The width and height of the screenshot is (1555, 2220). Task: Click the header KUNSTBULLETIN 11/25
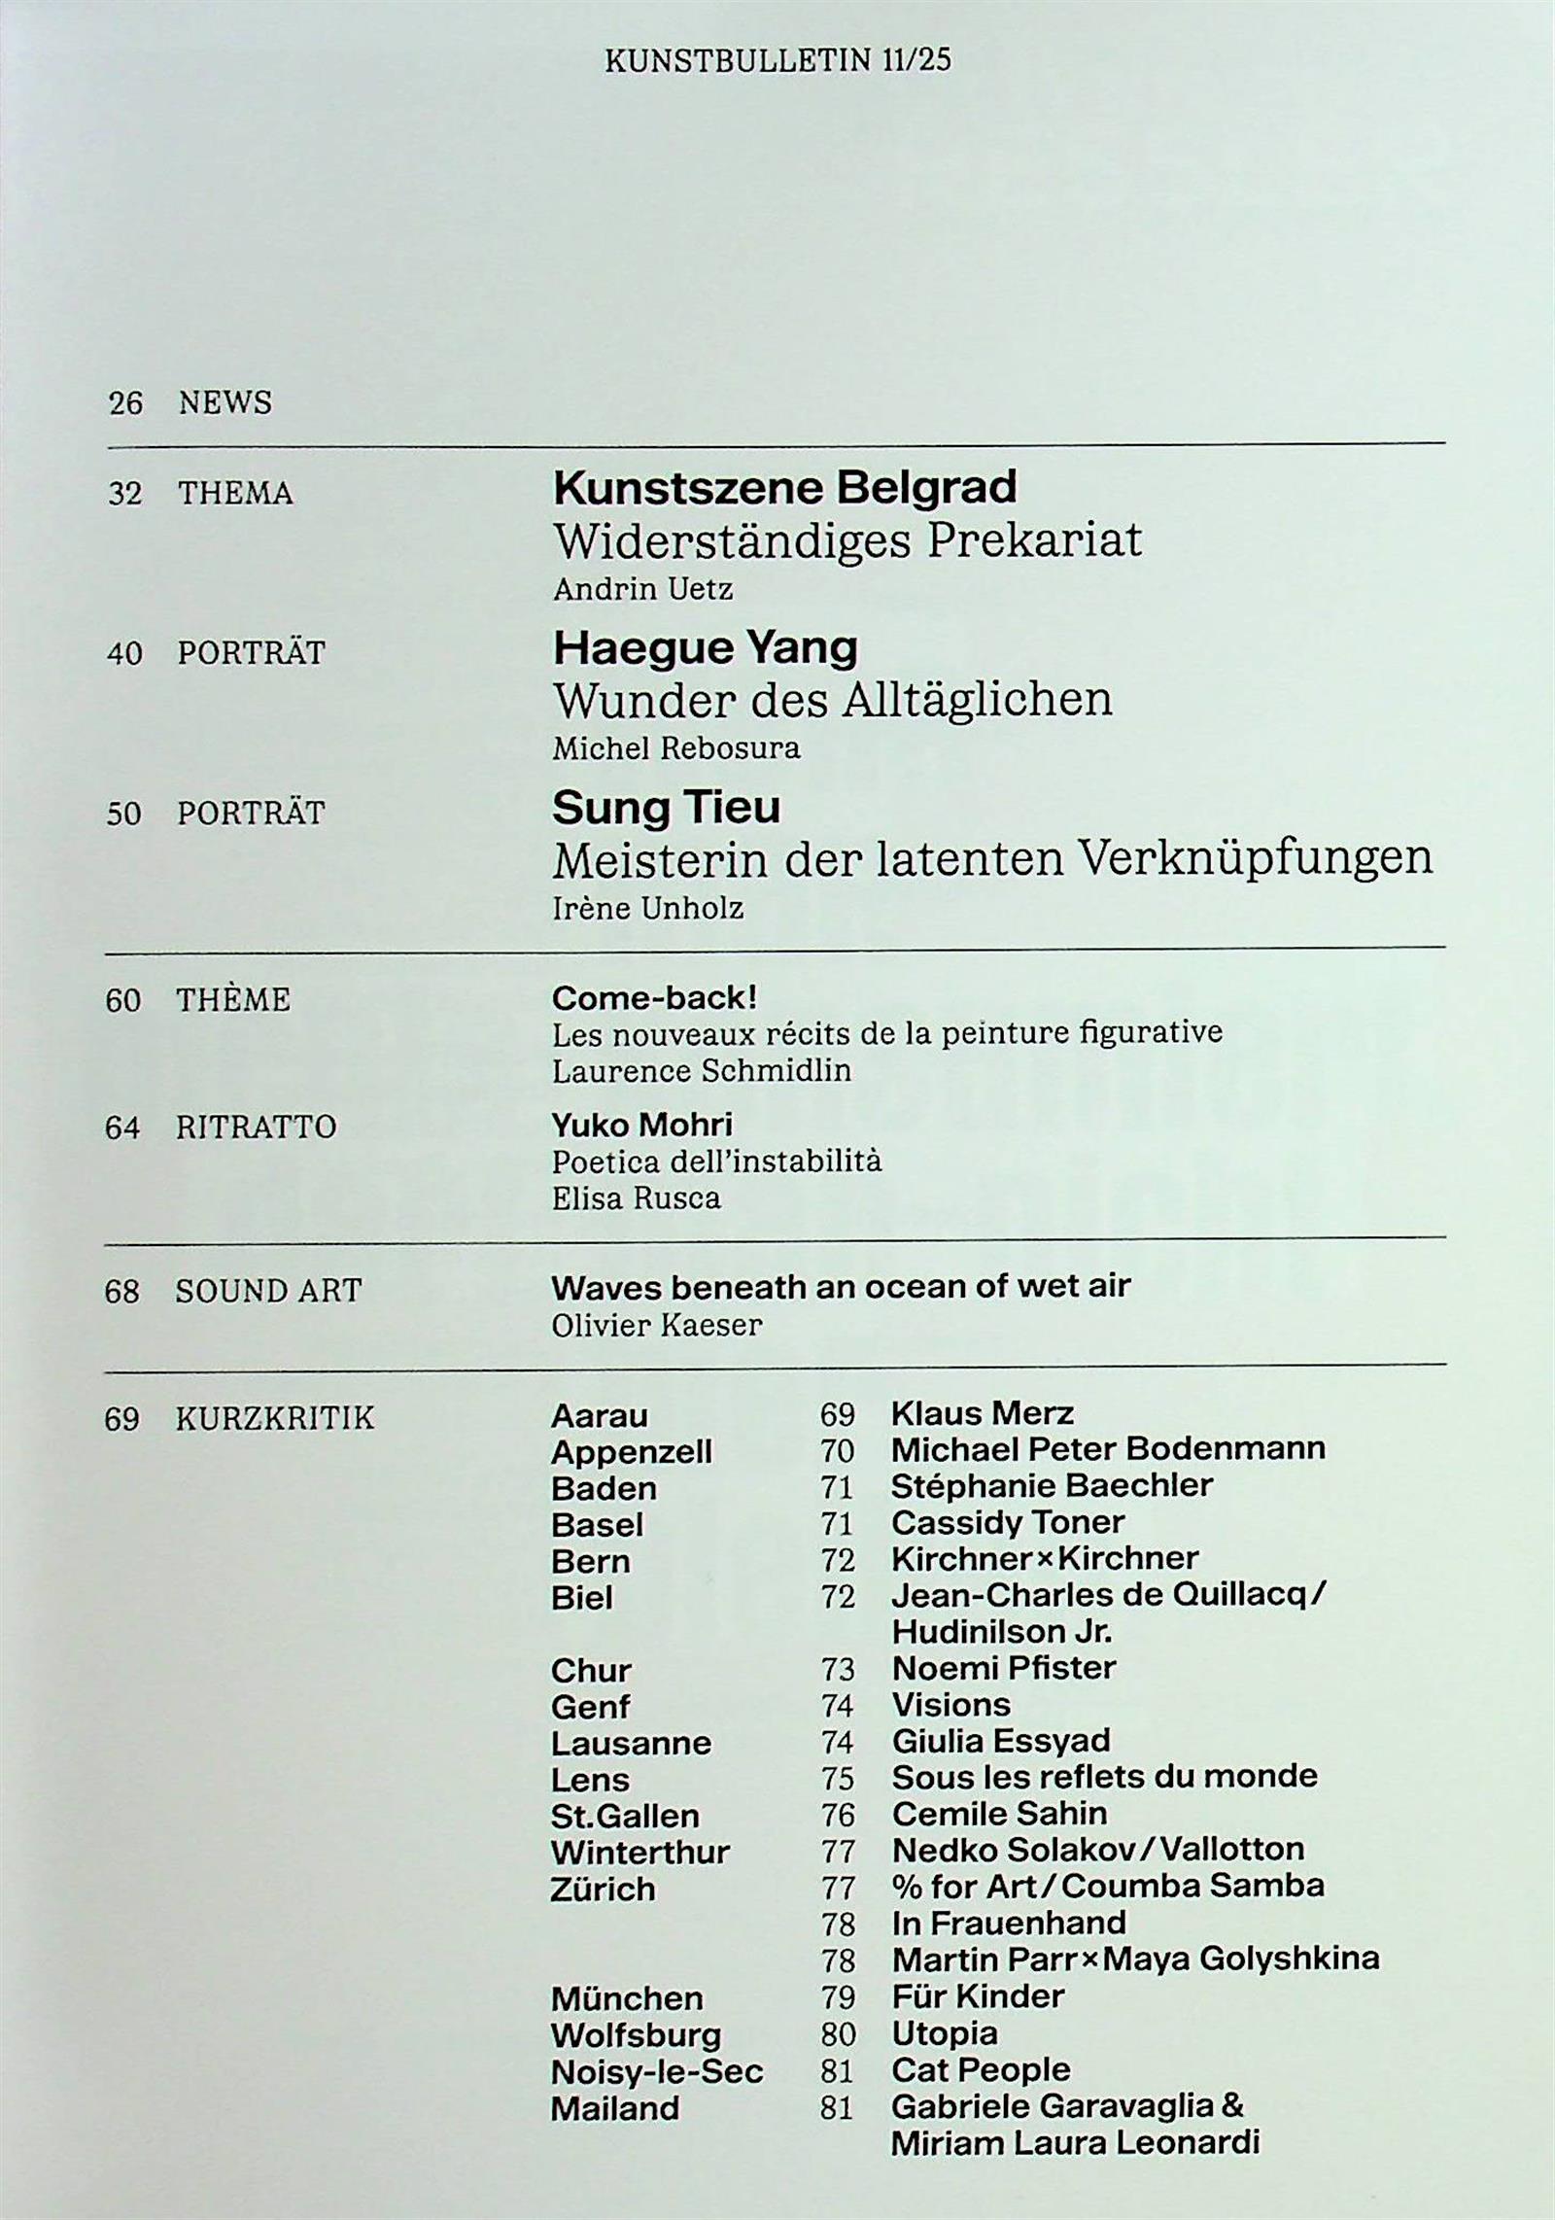click(777, 61)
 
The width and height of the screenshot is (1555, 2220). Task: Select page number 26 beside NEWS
click(125, 402)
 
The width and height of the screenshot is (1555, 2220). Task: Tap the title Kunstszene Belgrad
click(784, 487)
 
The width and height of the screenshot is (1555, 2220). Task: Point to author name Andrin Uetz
click(642, 589)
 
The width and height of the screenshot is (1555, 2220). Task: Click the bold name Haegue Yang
click(705, 647)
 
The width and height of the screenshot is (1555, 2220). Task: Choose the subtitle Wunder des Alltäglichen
click(832, 699)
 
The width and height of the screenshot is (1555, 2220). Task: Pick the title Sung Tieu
click(666, 808)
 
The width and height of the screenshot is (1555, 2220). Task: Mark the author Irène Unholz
click(647, 908)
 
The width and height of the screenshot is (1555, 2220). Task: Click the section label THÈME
click(233, 1000)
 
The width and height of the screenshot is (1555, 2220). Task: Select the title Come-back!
click(654, 997)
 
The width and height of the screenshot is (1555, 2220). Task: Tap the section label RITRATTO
click(256, 1127)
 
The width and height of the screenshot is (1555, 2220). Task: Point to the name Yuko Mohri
click(641, 1125)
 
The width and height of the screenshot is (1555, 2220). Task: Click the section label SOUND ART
click(268, 1291)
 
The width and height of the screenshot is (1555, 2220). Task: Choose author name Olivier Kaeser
click(656, 1325)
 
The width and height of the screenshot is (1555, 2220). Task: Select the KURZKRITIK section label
click(274, 1418)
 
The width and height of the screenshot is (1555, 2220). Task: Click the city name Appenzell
click(631, 1452)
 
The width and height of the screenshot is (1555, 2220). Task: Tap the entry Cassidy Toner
click(1008, 1522)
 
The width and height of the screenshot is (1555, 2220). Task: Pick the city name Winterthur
click(639, 1853)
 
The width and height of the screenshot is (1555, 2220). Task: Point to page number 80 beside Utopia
click(838, 2034)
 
